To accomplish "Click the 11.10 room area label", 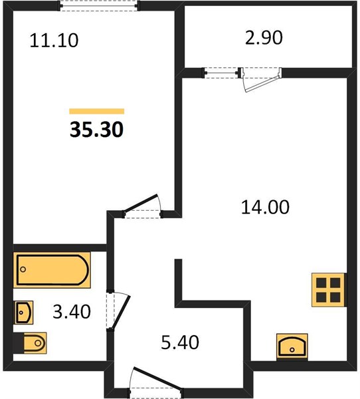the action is (x=54, y=41).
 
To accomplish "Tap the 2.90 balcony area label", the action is (x=264, y=38).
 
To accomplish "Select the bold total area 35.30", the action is (x=96, y=130).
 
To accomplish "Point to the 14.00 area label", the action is (x=265, y=207).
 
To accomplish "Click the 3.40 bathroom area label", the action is (x=72, y=312).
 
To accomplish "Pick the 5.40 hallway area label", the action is (x=180, y=342).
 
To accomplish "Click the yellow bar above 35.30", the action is (x=96, y=111).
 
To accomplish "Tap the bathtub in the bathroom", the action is (x=52, y=270).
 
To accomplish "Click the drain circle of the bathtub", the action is (x=23, y=269).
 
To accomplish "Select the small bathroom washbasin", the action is (x=23, y=313).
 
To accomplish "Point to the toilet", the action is (x=31, y=343).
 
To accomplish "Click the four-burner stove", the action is (x=329, y=289).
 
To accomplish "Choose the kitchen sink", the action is (x=292, y=346).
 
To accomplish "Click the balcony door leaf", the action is (x=261, y=84).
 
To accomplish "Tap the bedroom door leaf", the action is (x=141, y=203).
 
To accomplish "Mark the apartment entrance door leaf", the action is (x=157, y=378).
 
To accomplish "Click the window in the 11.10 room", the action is (x=99, y=5).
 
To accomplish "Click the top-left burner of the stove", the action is (x=321, y=283).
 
